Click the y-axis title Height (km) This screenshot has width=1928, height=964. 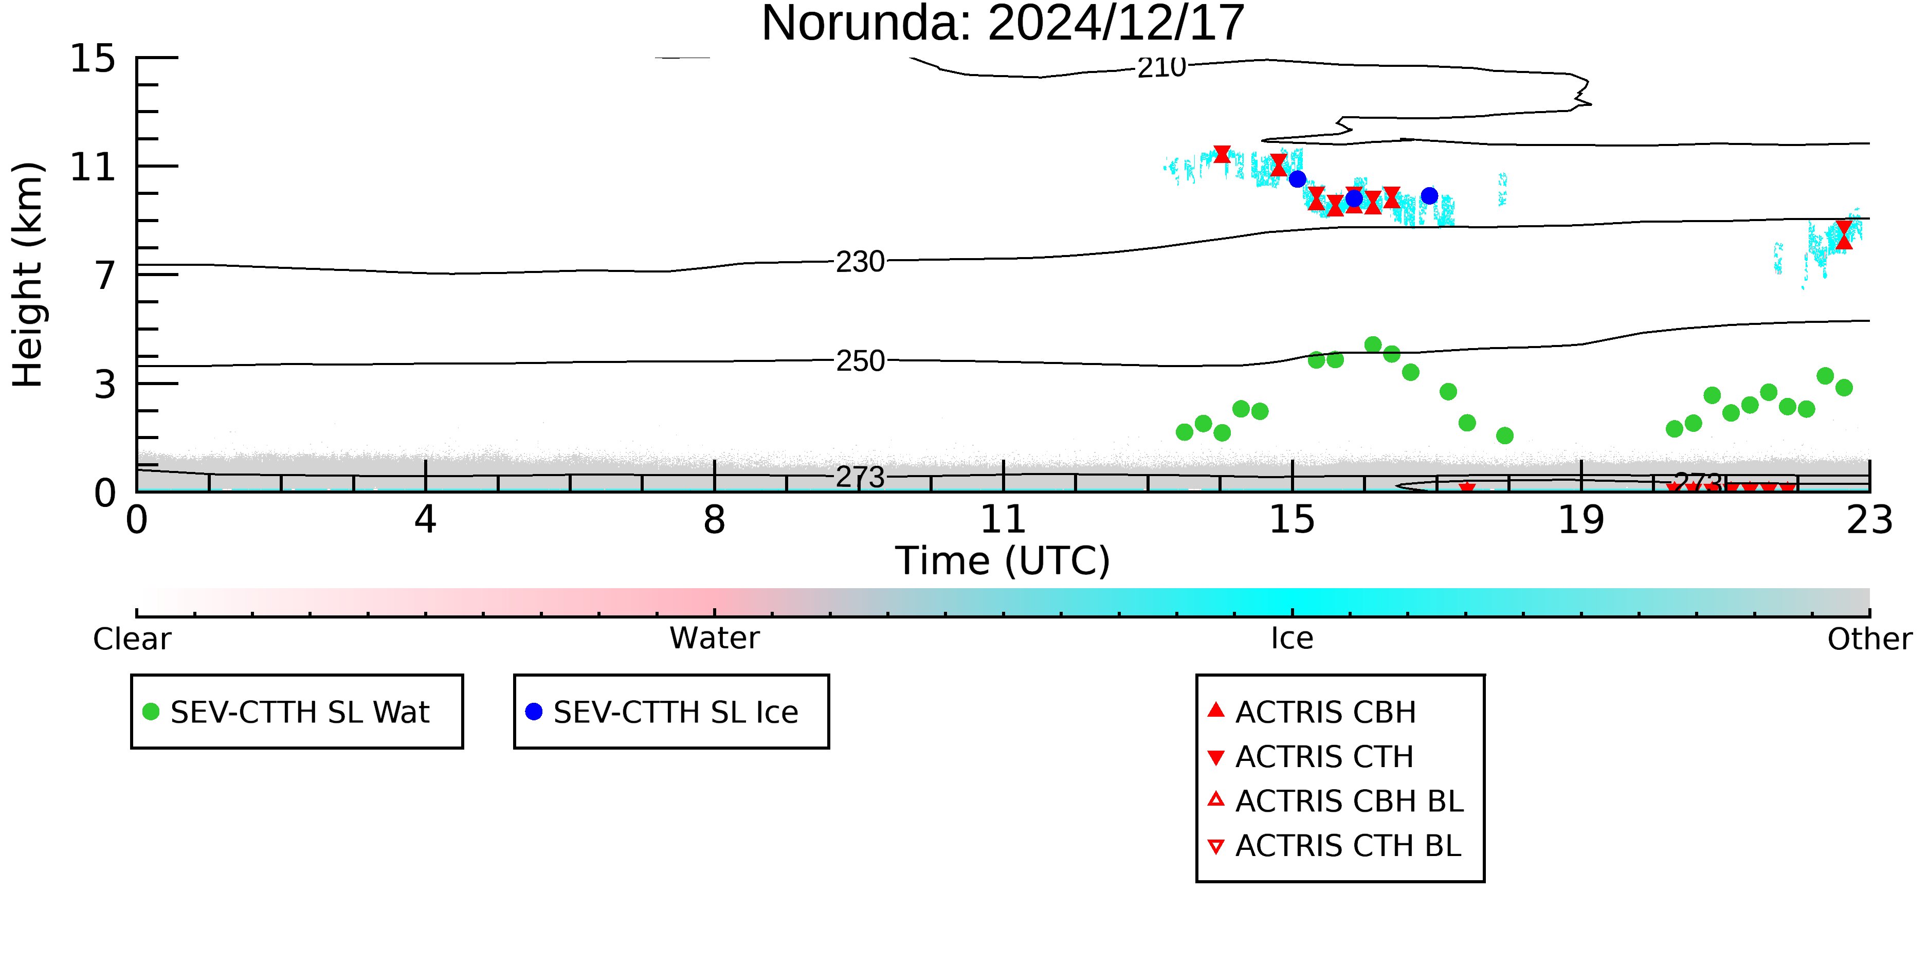tap(28, 275)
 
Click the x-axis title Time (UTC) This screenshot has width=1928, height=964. tap(1003, 560)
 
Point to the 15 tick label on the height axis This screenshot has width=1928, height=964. tap(93, 59)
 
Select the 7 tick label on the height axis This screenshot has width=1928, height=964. tap(105, 276)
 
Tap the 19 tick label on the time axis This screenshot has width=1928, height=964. tap(1581, 519)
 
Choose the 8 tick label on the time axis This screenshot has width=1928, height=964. tap(714, 519)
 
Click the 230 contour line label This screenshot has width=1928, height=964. tap(860, 262)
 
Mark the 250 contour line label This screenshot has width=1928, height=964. tap(860, 361)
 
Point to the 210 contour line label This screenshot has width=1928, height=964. tap(1161, 67)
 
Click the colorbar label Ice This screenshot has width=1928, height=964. tap(1292, 639)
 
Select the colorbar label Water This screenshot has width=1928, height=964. tap(714, 639)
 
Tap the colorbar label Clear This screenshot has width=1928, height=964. tap(132, 639)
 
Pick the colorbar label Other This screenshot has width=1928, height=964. tap(1869, 639)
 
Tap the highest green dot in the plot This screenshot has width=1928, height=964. tap(1373, 345)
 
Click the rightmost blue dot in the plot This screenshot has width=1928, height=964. tap(1429, 196)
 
